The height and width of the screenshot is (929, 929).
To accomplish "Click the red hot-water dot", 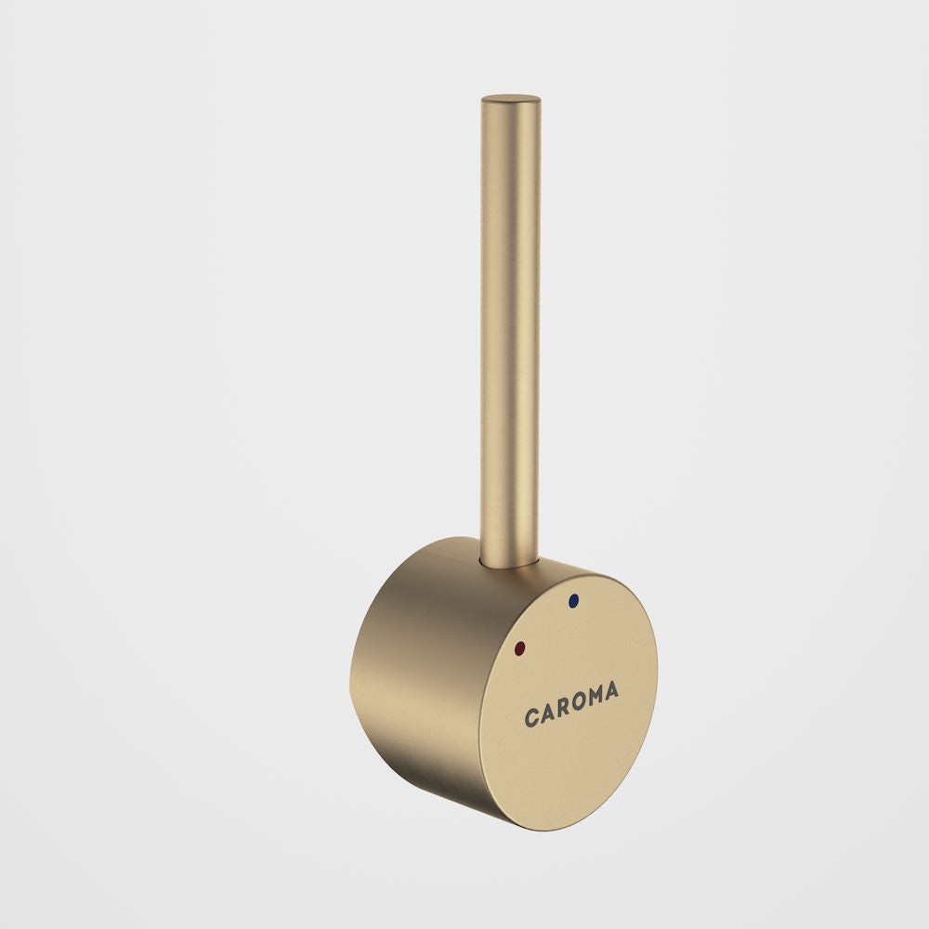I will [x=518, y=647].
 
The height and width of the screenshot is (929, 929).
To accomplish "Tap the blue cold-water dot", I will [x=572, y=601].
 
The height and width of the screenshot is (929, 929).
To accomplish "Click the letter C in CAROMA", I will [x=533, y=718].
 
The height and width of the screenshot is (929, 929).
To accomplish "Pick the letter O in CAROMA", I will [x=580, y=702].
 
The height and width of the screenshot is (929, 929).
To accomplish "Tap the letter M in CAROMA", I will [x=596, y=697].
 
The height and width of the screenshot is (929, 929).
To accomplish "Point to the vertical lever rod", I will [x=510, y=325].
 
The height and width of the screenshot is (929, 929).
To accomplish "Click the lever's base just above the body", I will [x=509, y=543].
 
